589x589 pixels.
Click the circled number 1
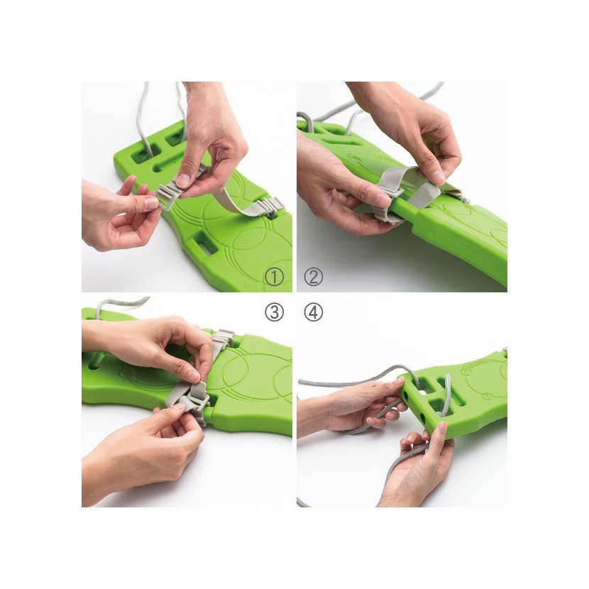pos(274,277)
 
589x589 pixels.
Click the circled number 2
pos(313,277)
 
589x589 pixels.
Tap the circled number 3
pos(274,312)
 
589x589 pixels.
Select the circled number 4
pos(313,312)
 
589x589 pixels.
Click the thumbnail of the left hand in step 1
pos(151,204)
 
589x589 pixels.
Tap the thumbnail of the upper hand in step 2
pos(438,177)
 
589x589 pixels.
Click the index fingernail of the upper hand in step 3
pos(194,375)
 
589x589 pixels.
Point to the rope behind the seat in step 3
pos(121,303)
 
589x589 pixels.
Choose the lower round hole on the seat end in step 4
pos(423,417)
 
